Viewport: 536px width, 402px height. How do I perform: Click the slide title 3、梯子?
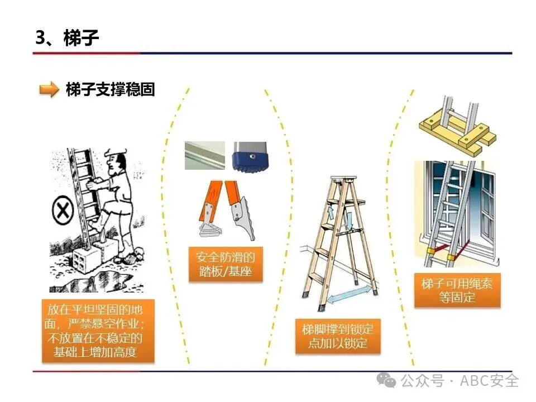68,37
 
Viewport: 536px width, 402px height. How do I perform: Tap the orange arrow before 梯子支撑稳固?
49,89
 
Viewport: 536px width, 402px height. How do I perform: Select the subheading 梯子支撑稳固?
111,89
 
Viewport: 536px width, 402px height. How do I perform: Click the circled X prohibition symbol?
63,210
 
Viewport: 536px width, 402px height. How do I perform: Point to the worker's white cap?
114,152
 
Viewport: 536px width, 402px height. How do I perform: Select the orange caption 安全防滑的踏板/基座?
226,264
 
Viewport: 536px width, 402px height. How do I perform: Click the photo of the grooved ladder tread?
205,156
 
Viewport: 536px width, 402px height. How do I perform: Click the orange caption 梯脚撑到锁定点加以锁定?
338,336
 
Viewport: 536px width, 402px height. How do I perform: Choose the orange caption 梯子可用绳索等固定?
457,290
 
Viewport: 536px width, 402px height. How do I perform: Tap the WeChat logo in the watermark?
386,380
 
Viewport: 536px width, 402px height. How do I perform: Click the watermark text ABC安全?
489,380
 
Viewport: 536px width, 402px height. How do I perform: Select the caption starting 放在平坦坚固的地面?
98,331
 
